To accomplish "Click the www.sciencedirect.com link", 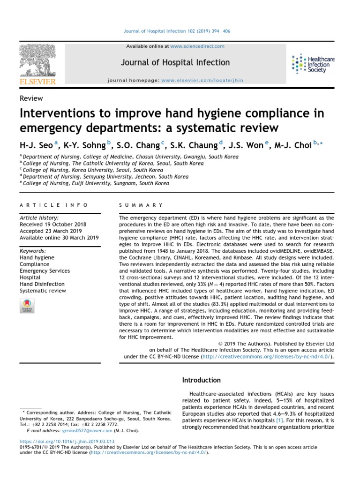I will click(x=197, y=46).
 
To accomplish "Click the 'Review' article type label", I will click(x=31, y=98).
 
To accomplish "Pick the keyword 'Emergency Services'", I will click(x=45, y=271).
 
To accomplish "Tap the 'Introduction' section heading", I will click(x=201, y=380).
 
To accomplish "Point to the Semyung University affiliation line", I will click(x=105, y=177).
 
